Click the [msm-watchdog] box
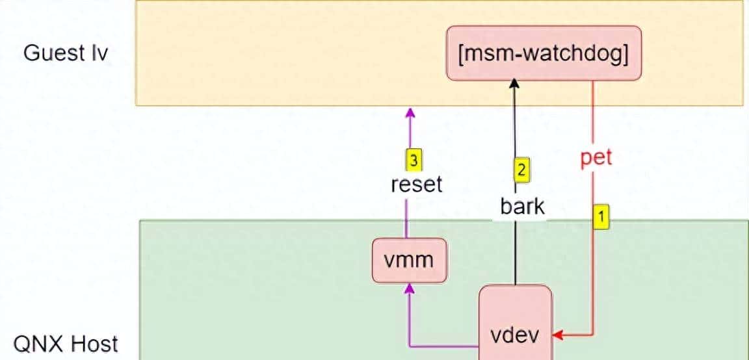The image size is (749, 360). pos(544,53)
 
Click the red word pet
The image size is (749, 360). pos(596,157)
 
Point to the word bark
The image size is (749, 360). pos(522,207)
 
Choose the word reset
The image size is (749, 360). pos(416,184)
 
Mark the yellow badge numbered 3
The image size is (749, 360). pos(412,159)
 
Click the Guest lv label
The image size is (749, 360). pos(66,53)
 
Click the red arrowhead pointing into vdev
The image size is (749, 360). pos(558,336)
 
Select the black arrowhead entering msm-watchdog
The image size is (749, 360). pos(515,84)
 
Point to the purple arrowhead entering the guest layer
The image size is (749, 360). pos(410,112)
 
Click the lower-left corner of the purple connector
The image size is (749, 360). pos(409,346)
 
